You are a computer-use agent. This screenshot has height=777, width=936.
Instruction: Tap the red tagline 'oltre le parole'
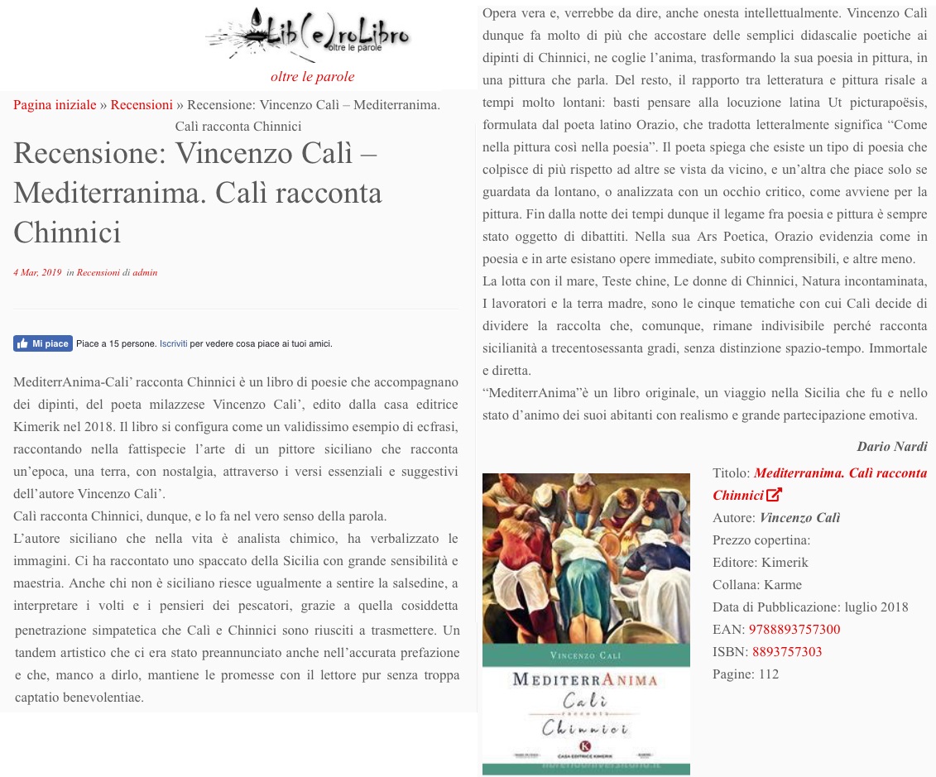tap(312, 77)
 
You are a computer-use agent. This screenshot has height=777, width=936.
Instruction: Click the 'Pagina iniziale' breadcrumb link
tap(55, 105)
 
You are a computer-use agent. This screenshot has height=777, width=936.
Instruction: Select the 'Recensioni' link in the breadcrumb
tap(142, 105)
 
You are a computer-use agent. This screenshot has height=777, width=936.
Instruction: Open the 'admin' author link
tap(145, 272)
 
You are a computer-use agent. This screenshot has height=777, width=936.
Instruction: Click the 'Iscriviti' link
tap(173, 343)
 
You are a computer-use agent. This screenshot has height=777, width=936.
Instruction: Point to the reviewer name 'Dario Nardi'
tap(891, 447)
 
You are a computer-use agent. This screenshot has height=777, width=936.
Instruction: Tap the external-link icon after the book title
tap(774, 496)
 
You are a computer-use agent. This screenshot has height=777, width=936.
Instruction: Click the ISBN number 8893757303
tap(787, 652)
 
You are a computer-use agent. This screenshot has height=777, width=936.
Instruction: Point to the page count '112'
tap(769, 674)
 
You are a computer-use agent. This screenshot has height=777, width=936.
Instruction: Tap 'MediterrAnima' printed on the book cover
tap(585, 680)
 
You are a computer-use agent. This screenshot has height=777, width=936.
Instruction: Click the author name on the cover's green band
tap(586, 655)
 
